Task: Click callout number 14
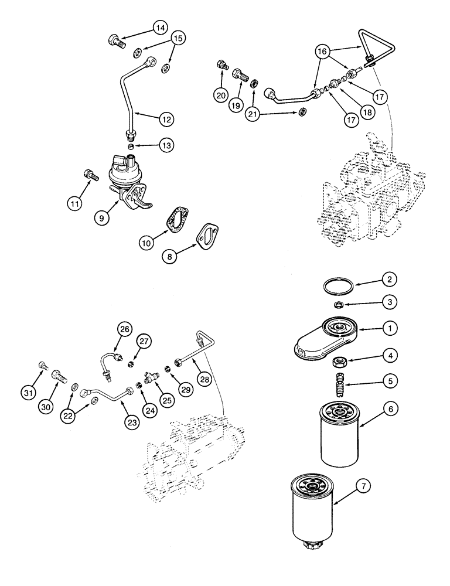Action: click(x=161, y=27)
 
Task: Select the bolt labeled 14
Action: click(x=115, y=40)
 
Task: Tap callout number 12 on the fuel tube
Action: click(x=168, y=119)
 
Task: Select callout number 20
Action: click(x=220, y=95)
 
